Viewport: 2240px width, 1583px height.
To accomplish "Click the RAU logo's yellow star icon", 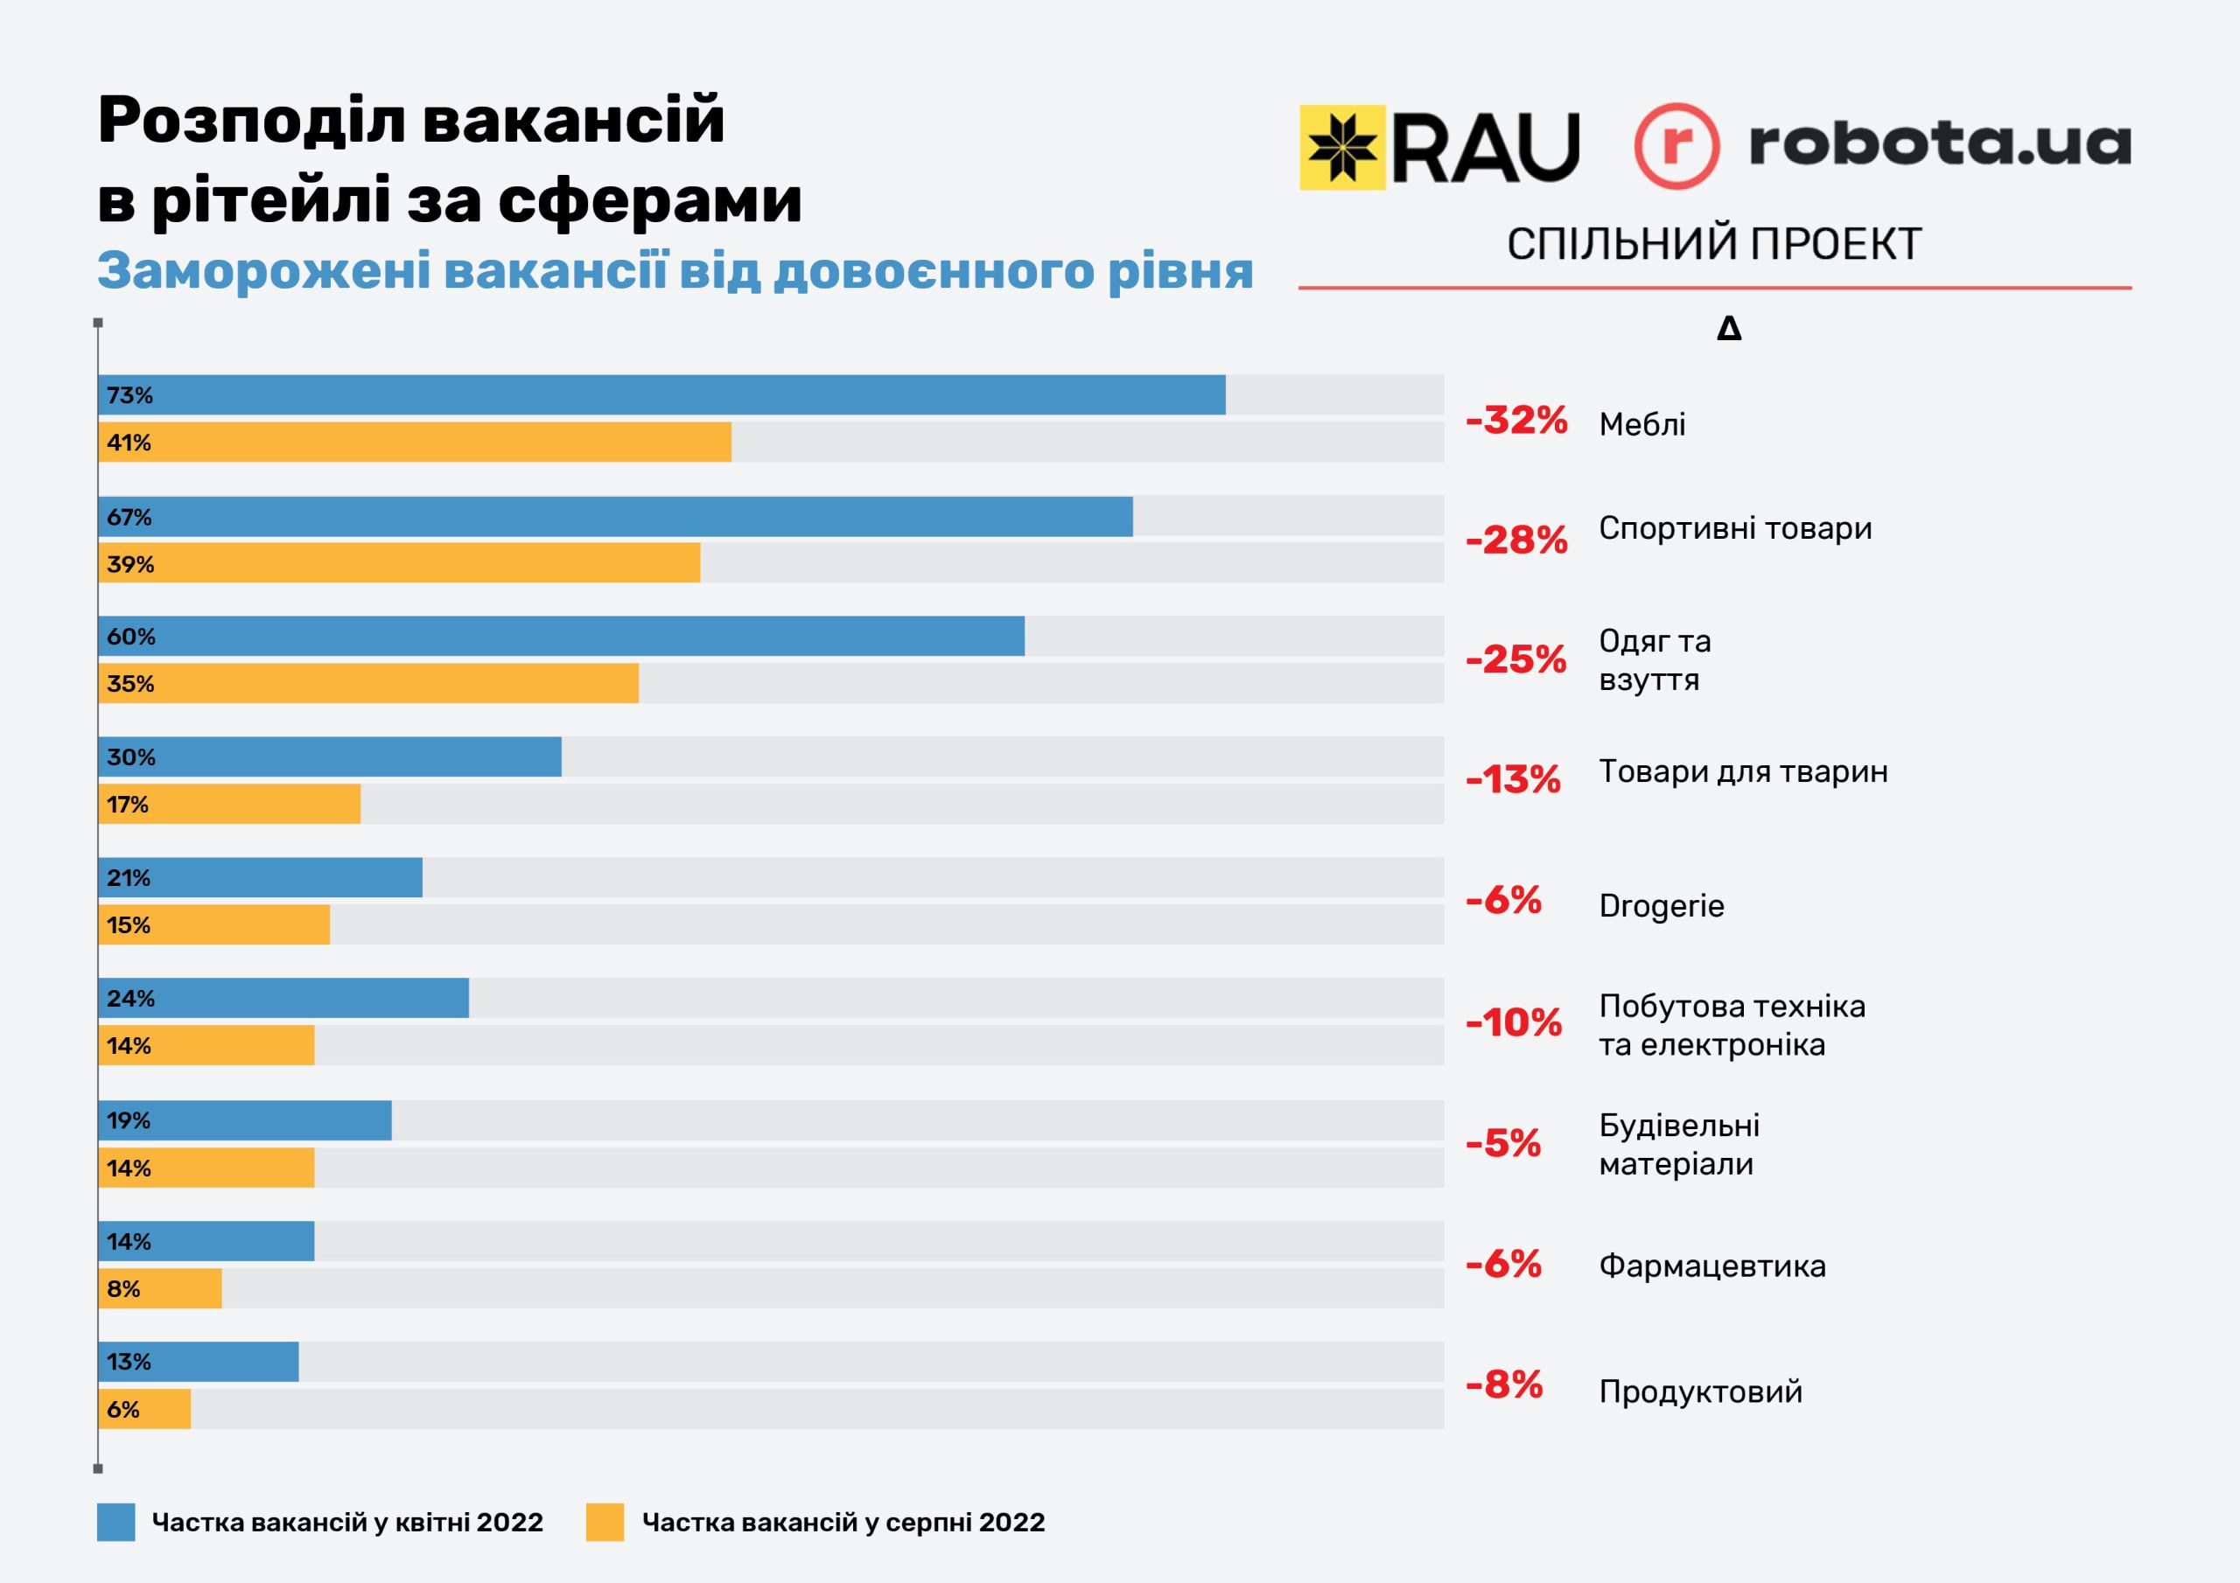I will [1342, 147].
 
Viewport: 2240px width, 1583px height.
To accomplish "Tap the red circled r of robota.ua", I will [1676, 145].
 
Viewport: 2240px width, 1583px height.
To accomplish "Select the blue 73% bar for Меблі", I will [661, 395].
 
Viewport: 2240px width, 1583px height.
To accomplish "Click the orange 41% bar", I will [415, 442].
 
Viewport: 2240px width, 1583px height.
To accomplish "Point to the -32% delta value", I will [1516, 421].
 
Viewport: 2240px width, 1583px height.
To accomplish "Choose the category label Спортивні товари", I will [1734, 528].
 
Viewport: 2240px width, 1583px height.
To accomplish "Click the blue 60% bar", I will [561, 636].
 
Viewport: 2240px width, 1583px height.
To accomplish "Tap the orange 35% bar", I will [368, 684].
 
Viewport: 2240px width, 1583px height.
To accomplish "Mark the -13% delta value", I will [1513, 779].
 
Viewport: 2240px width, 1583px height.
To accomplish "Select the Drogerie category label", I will [1662, 906].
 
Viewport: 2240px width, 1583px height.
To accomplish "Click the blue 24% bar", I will [283, 998].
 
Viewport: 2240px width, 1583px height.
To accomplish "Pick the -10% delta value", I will [1513, 1022].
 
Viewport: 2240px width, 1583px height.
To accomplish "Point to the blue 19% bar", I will [245, 1120].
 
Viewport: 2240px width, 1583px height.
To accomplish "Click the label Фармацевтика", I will [1712, 1266].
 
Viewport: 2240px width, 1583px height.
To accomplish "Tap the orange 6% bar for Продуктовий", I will [144, 1409].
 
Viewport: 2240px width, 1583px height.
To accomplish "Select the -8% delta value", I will [1504, 1384].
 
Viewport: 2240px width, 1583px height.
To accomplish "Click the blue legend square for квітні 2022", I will [116, 1523].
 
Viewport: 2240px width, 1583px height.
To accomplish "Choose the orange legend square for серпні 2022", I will [605, 1523].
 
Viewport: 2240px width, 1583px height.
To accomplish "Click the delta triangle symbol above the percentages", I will [1729, 329].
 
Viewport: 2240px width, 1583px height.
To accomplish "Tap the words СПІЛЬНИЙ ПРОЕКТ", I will [1714, 244].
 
